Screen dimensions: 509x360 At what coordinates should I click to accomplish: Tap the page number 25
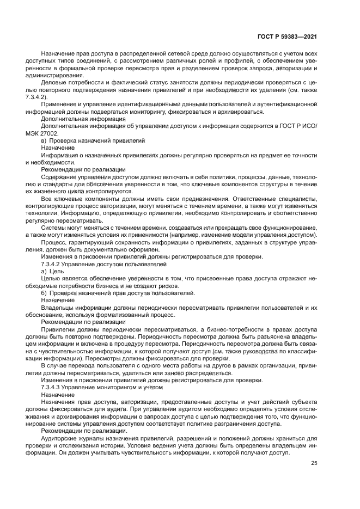click(x=314, y=463)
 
